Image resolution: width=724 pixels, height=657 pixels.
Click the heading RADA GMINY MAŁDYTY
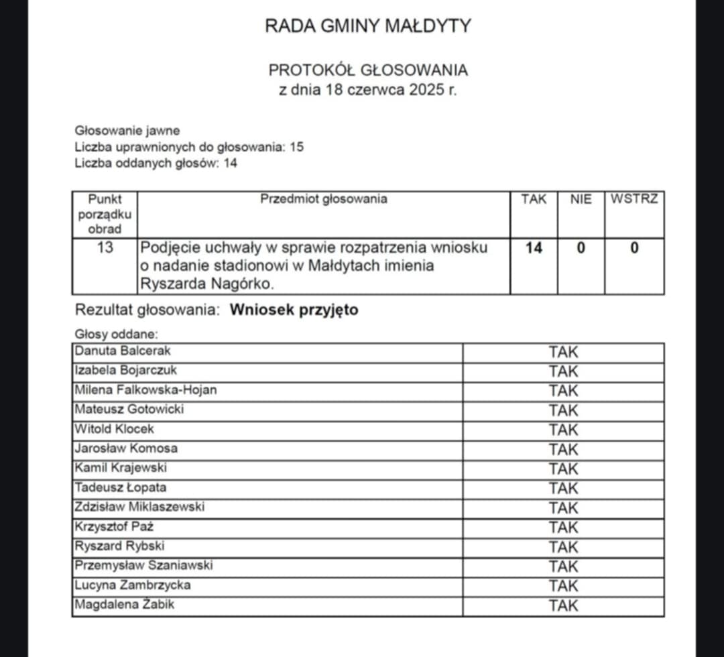(x=368, y=26)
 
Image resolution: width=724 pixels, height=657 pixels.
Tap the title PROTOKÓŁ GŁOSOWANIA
(x=368, y=70)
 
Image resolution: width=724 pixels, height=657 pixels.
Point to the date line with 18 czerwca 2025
(x=368, y=90)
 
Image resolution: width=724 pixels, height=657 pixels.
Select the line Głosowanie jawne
(x=127, y=131)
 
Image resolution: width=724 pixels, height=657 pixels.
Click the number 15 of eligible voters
(x=296, y=147)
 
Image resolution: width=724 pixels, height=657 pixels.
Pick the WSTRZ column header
(x=634, y=199)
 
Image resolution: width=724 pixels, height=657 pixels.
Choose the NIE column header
(x=581, y=199)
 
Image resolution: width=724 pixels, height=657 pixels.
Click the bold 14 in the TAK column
(x=534, y=248)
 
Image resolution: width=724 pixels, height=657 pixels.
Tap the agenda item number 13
(x=105, y=247)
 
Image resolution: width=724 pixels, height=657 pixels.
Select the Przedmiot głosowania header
(x=323, y=199)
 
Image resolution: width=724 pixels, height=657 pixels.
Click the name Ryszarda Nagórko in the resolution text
(x=207, y=284)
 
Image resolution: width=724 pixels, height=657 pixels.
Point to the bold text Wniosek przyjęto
(x=294, y=310)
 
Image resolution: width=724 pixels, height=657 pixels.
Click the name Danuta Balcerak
(x=123, y=351)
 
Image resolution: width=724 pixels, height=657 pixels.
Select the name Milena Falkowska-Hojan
(x=146, y=390)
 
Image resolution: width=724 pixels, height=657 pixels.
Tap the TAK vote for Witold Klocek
(x=563, y=430)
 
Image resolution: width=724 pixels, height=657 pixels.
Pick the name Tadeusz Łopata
(x=121, y=487)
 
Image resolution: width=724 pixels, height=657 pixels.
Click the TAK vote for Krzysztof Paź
(x=563, y=528)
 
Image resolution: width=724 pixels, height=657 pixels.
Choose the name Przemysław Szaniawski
(x=143, y=565)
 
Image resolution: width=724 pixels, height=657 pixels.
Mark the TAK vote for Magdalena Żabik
(x=563, y=606)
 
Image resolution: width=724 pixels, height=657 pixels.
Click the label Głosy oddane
(x=116, y=334)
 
